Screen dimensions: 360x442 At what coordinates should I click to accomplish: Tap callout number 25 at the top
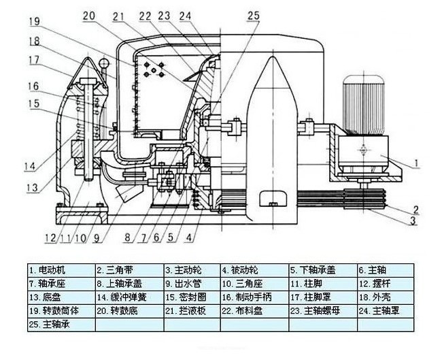coord(254,15)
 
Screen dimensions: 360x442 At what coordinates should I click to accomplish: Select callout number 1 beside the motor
coord(420,163)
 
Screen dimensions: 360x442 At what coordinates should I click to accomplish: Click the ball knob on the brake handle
coord(103,64)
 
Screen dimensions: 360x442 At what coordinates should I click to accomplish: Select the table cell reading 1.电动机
coord(61,269)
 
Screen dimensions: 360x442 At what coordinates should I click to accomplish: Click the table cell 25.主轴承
coord(61,325)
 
